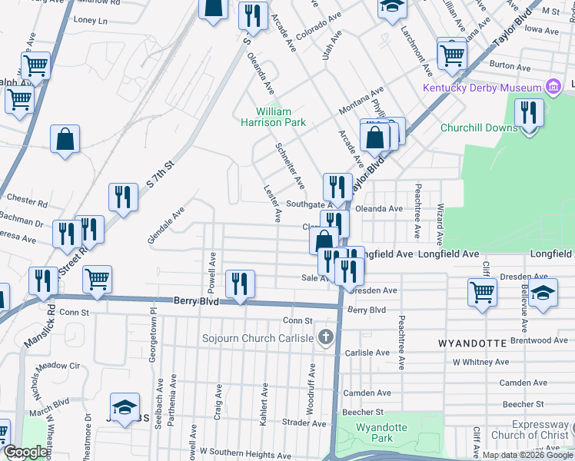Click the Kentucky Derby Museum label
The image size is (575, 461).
pyautogui.click(x=481, y=88)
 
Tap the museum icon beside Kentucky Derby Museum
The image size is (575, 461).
pyautogui.click(x=553, y=87)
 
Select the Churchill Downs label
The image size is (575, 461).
pyautogui.click(x=478, y=128)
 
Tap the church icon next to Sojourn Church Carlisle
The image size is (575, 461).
pyautogui.click(x=326, y=337)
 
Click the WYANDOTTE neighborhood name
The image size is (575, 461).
pyautogui.click(x=472, y=342)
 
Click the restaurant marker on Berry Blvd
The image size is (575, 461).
pyautogui.click(x=240, y=284)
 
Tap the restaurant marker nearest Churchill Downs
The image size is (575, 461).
pyautogui.click(x=529, y=113)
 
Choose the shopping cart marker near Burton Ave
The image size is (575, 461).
pyautogui.click(x=452, y=53)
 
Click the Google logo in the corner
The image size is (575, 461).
pyautogui.click(x=25, y=453)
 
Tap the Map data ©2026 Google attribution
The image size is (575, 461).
pyautogui.click(x=527, y=455)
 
